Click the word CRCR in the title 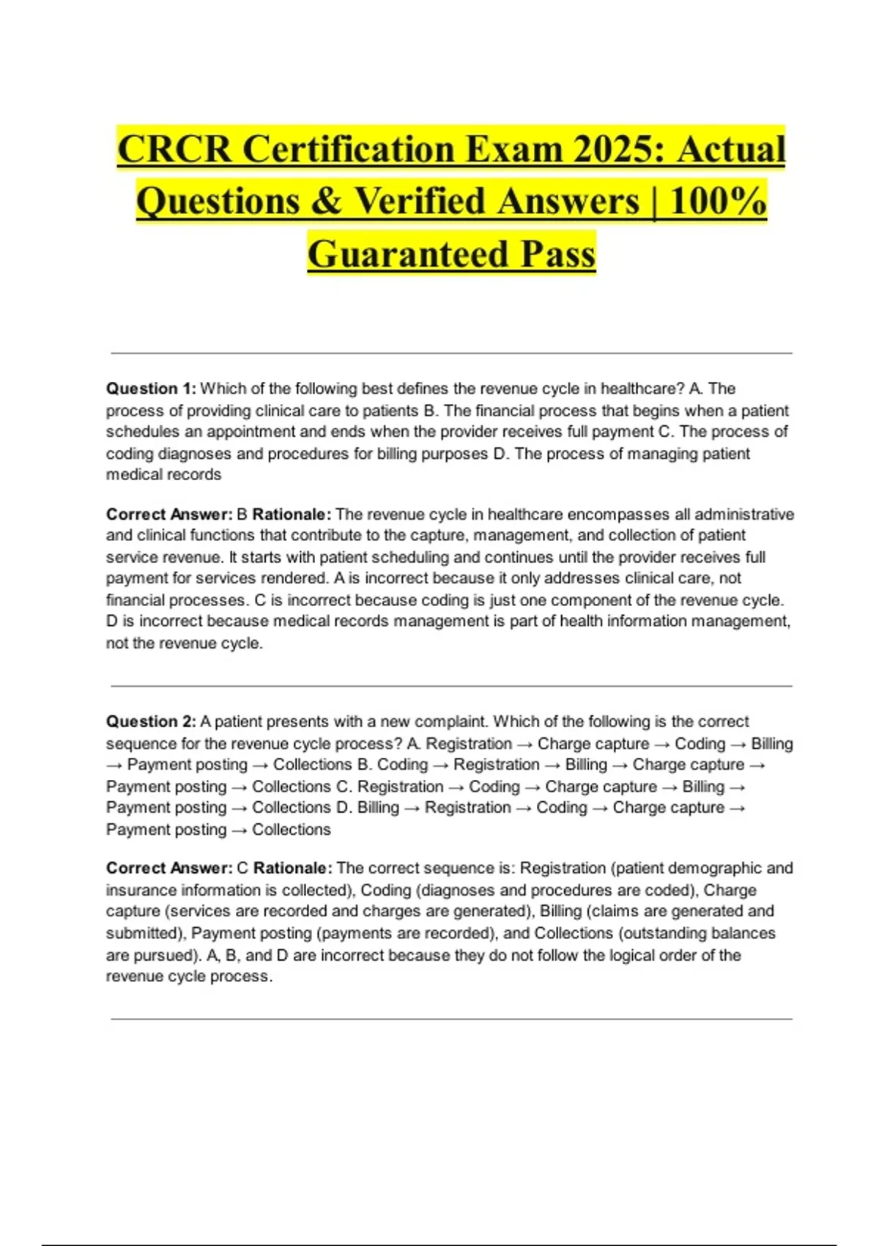[174, 149]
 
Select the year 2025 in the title [617, 149]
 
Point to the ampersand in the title [326, 202]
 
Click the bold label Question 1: [151, 388]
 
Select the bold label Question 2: [151, 721]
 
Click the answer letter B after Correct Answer [242, 515]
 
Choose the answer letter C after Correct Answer [243, 869]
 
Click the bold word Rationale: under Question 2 [293, 869]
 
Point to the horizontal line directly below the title [451, 353]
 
